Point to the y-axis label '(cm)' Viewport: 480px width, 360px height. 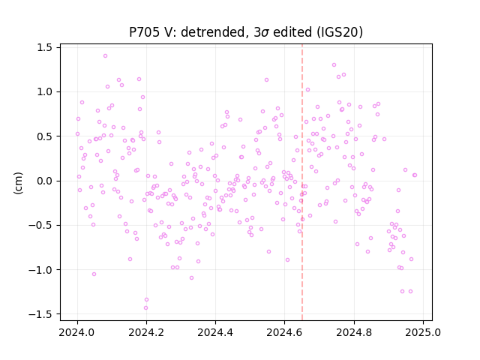pos(18,183)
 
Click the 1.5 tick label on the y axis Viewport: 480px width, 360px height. pos(45,48)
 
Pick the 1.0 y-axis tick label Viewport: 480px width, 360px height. pos(45,91)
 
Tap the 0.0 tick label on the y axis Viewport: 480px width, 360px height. pos(45,181)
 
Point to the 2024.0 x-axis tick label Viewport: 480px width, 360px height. pos(77,332)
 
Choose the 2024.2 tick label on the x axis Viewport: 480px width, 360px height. pos(146,332)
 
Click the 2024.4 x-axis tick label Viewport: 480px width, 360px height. pos(215,332)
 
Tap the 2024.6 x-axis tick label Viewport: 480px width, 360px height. pos(284,332)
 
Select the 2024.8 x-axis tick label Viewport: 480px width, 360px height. pos(354,332)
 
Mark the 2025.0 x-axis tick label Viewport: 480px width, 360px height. pos(423,332)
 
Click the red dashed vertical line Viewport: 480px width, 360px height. pos(302,182)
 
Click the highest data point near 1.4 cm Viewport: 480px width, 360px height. pos(105,56)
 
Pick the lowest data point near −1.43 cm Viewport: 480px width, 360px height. pos(145,308)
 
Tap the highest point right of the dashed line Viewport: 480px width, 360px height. pos(334,65)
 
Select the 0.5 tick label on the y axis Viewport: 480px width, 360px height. pos(45,136)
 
